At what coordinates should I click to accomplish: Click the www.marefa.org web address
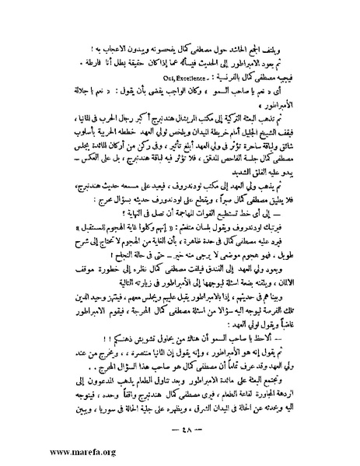[40, 451]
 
